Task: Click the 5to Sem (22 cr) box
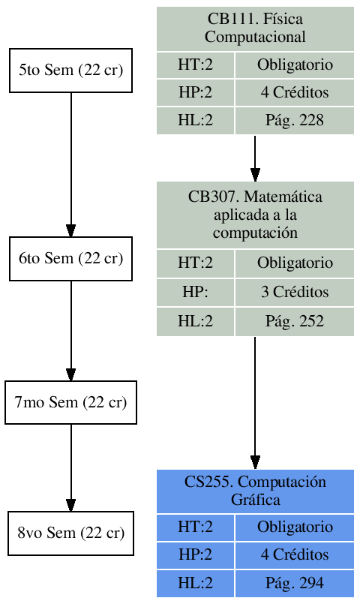tap(70, 71)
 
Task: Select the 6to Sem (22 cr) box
tap(70, 259)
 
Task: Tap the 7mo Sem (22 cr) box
tap(70, 402)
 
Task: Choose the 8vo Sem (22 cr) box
tap(70, 533)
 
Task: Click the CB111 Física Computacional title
tap(255, 29)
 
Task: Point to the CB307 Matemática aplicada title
tap(255, 215)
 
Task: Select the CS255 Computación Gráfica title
tap(255, 491)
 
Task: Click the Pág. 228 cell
tap(295, 120)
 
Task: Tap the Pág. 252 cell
tap(295, 322)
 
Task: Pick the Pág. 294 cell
tap(295, 583)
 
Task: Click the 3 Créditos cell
tap(295, 292)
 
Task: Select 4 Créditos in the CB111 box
tap(295, 92)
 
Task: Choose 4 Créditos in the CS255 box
tap(295, 555)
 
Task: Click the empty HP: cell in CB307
tap(195, 292)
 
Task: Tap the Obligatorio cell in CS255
tap(295, 527)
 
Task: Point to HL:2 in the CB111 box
tap(195, 120)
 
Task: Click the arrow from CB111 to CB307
tap(255, 158)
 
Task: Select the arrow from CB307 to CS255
tap(255, 402)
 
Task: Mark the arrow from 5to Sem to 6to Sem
tap(70, 165)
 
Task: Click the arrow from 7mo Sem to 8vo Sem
tap(70, 467)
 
